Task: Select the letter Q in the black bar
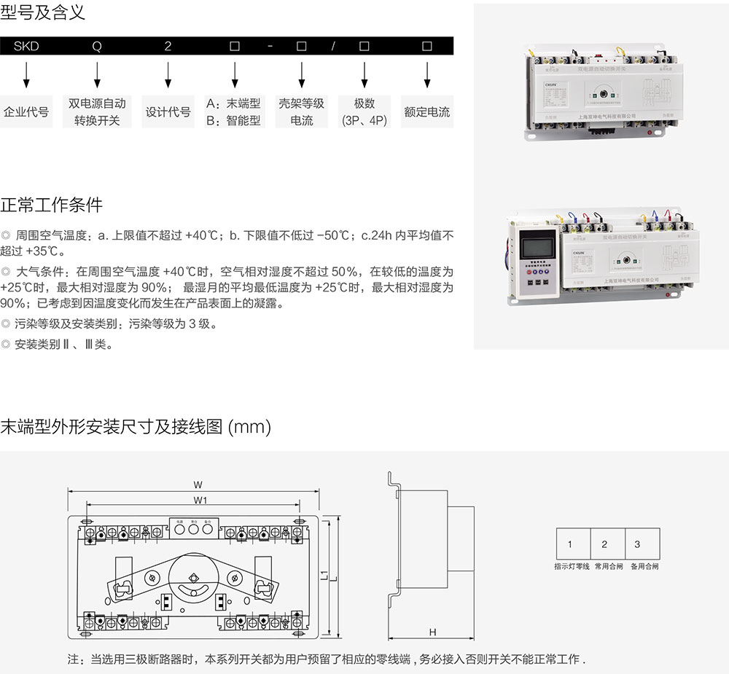96,46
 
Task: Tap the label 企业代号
26,112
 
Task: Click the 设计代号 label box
168,112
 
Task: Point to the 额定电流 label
426,112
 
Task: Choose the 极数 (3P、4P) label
364,112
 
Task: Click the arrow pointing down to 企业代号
27,74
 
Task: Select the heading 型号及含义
43,12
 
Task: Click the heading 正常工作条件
51,205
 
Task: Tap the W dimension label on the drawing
198,485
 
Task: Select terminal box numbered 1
570,544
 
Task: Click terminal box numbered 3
638,544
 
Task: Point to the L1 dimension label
323,576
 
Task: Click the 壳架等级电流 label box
301,112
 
